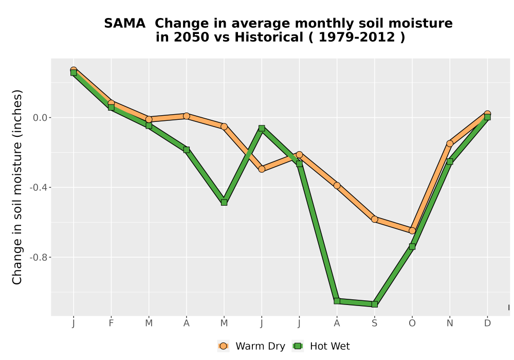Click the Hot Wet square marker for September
(x=374, y=304)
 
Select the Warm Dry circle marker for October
(x=412, y=231)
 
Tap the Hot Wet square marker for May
(x=224, y=202)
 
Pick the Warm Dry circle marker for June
(x=262, y=169)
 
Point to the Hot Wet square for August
(x=337, y=301)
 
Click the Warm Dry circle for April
(x=187, y=116)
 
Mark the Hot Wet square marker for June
(x=262, y=128)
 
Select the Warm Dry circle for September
(x=374, y=219)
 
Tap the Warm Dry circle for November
(x=450, y=143)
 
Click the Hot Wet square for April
(x=187, y=150)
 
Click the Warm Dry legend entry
(x=251, y=346)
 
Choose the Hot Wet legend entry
(x=321, y=346)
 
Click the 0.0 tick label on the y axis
(x=40, y=118)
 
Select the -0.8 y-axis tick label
(x=39, y=257)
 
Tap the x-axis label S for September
(x=374, y=323)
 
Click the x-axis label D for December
(x=487, y=323)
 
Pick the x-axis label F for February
(x=111, y=323)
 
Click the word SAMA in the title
(x=124, y=24)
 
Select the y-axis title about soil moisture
(x=17, y=187)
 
